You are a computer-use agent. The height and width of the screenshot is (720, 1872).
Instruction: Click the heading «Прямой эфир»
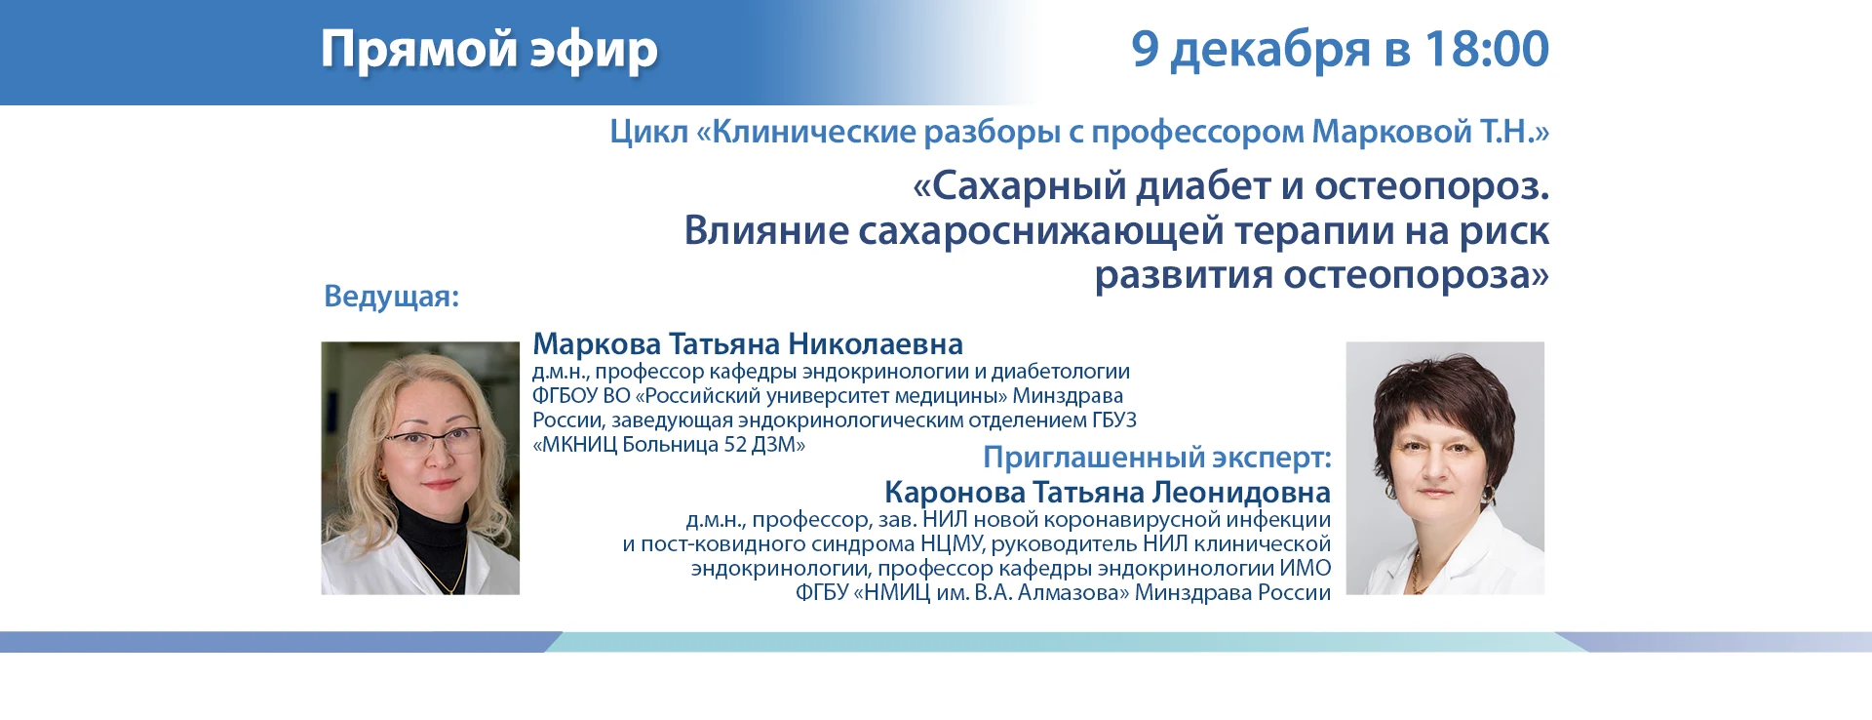point(489,50)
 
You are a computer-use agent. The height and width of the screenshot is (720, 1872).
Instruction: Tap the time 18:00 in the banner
point(1487,49)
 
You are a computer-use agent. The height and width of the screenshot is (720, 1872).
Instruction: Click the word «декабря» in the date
point(1270,50)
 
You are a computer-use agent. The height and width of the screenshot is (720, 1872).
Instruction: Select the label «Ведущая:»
point(391,297)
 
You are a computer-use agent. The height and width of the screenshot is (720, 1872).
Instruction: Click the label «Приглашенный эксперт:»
point(1157,458)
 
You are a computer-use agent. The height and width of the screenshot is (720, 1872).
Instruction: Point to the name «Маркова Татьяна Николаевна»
point(748,344)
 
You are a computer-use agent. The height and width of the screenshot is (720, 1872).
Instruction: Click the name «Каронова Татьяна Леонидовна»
point(1108,492)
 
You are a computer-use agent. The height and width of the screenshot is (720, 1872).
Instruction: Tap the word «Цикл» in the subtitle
point(648,132)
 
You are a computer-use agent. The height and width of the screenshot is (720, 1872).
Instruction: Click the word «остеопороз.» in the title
point(1431,186)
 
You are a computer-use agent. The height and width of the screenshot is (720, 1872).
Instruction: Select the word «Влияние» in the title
point(766,230)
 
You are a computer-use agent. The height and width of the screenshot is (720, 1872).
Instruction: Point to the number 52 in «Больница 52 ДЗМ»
point(736,445)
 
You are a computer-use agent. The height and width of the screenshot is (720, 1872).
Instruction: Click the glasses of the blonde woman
point(432,440)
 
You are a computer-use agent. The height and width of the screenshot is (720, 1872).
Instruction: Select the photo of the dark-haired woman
point(1445,468)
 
